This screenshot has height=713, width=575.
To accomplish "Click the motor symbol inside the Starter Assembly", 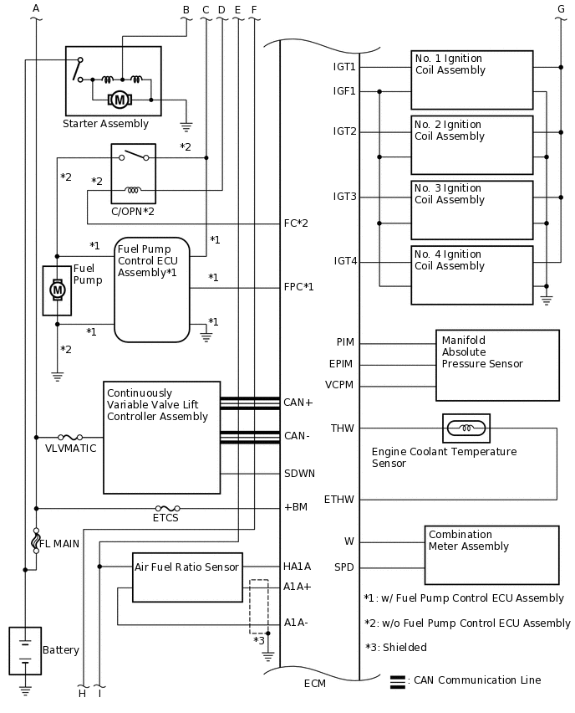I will point(120,100).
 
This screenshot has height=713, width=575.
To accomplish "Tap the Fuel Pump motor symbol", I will point(57,290).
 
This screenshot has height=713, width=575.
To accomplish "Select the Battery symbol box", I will point(25,650).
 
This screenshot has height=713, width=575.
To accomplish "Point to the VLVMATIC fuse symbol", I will point(69,437).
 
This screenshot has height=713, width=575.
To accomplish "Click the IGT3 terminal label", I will point(345,197).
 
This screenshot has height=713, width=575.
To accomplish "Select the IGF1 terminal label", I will point(344,91).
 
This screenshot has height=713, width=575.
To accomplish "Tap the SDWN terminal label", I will point(299,473).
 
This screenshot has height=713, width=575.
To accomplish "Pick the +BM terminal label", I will point(295,507).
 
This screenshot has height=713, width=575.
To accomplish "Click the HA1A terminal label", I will point(298,567).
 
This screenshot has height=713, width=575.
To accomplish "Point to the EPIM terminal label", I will point(342,363).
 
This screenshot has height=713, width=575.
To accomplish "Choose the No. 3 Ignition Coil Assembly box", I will point(471,209).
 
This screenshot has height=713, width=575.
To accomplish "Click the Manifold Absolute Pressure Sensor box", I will point(497,365).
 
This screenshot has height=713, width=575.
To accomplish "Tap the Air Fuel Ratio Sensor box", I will point(187,577).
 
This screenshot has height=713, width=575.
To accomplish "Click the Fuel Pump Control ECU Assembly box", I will point(152,290).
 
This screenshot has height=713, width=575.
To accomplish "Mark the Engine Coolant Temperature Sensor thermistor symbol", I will point(466,428).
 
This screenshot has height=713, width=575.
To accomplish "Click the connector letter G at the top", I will point(561,9).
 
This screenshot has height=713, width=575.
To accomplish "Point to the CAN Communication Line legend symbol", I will point(398,681).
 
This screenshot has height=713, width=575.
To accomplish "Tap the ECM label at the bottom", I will point(315,684).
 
